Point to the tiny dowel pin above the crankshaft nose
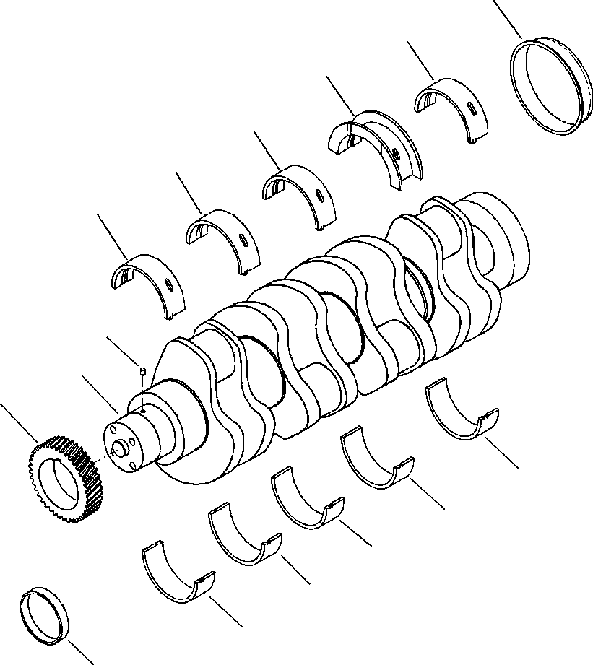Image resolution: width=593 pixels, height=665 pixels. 143,372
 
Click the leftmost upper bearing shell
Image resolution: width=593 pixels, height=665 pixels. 148,282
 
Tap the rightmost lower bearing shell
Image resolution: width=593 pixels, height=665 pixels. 463,412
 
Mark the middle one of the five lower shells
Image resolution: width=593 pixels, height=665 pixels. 306,497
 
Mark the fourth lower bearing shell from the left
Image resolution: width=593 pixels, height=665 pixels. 376,458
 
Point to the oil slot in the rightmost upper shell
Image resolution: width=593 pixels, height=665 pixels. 471,109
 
